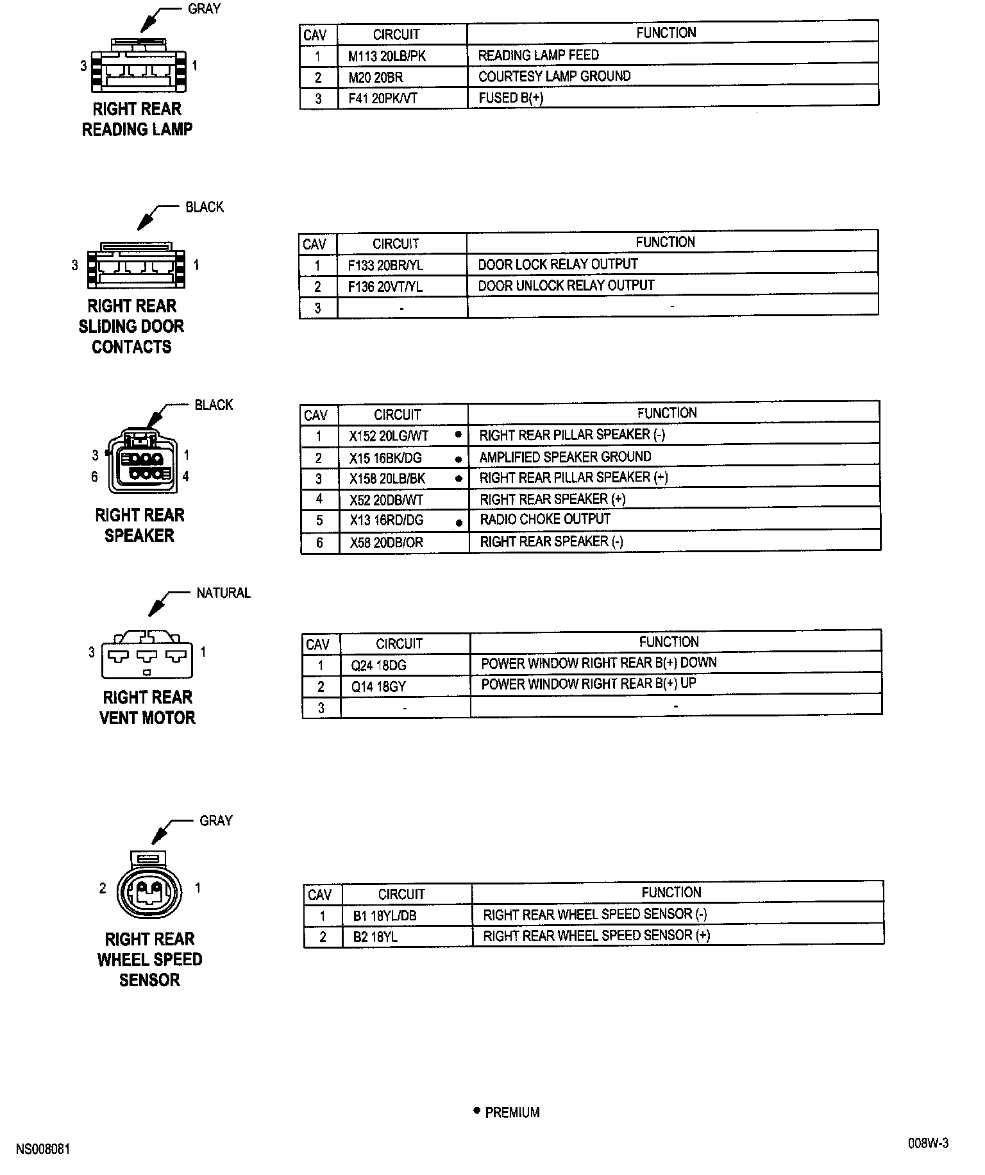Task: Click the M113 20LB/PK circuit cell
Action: click(387, 56)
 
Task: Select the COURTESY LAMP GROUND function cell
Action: click(554, 76)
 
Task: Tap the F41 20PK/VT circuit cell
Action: click(382, 99)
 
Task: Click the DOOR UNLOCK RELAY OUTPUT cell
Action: click(566, 285)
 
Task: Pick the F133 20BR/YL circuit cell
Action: click(385, 265)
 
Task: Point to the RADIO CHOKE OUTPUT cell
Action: click(544, 519)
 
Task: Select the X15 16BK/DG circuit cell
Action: click(385, 458)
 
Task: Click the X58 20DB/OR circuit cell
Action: click(386, 543)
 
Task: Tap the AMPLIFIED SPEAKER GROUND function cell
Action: click(565, 457)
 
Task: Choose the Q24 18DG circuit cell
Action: click(378, 666)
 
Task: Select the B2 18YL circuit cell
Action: click(375, 937)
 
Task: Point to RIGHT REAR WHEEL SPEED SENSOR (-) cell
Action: click(594, 914)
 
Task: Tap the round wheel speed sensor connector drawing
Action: click(149, 890)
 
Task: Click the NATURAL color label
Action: click(223, 593)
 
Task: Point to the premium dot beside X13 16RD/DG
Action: click(459, 523)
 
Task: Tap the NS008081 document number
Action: click(43, 1149)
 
